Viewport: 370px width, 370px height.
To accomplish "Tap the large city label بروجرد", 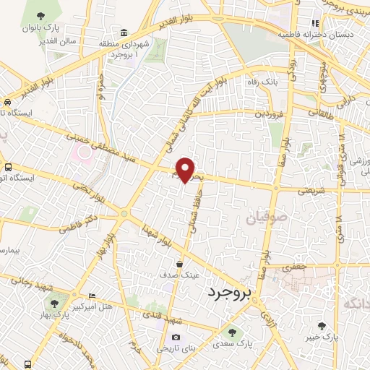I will coord(223,293).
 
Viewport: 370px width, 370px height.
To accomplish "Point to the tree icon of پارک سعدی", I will coord(232,332).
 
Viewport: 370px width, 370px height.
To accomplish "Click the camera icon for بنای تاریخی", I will coord(175,337).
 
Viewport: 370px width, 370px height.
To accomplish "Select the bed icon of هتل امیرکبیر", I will coord(90,296).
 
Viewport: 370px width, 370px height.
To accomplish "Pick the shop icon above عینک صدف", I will coord(178,264).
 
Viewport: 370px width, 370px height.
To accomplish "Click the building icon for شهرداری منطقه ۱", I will coord(125,33).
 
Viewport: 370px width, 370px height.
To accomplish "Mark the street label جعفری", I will coord(295,267).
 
